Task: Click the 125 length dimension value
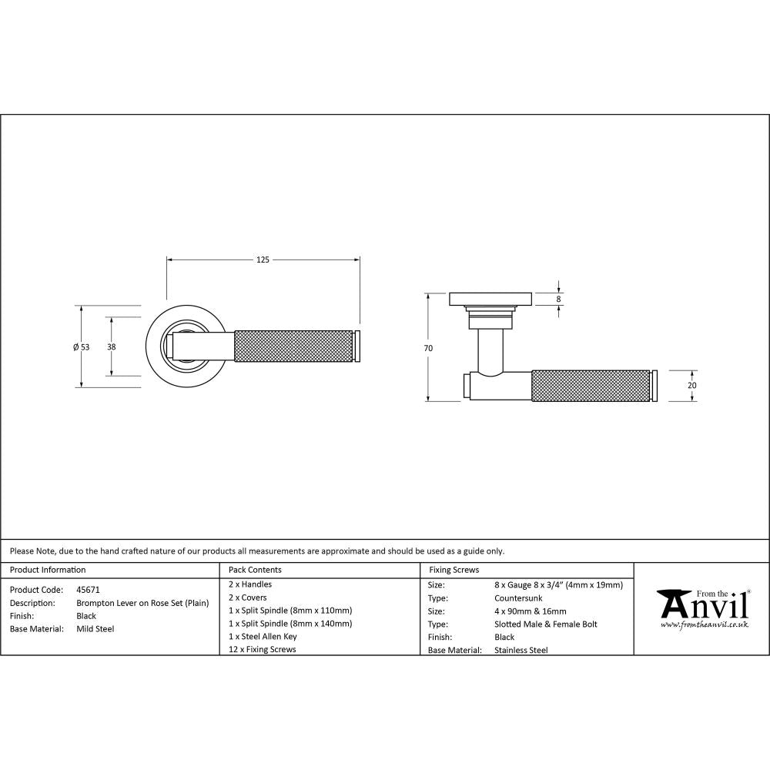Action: point(263,260)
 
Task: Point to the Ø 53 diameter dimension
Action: point(81,347)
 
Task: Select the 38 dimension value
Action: point(112,347)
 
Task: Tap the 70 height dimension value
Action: point(428,348)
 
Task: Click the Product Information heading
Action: point(48,570)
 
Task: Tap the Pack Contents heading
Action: point(255,570)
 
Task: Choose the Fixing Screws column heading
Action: point(454,570)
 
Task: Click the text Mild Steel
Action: point(95,628)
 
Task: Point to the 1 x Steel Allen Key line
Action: point(263,636)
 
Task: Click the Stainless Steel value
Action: point(521,650)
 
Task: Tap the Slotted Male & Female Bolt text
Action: point(545,624)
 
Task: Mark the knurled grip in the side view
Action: point(591,386)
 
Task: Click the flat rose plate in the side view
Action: point(490,298)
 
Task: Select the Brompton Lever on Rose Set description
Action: point(142,603)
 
